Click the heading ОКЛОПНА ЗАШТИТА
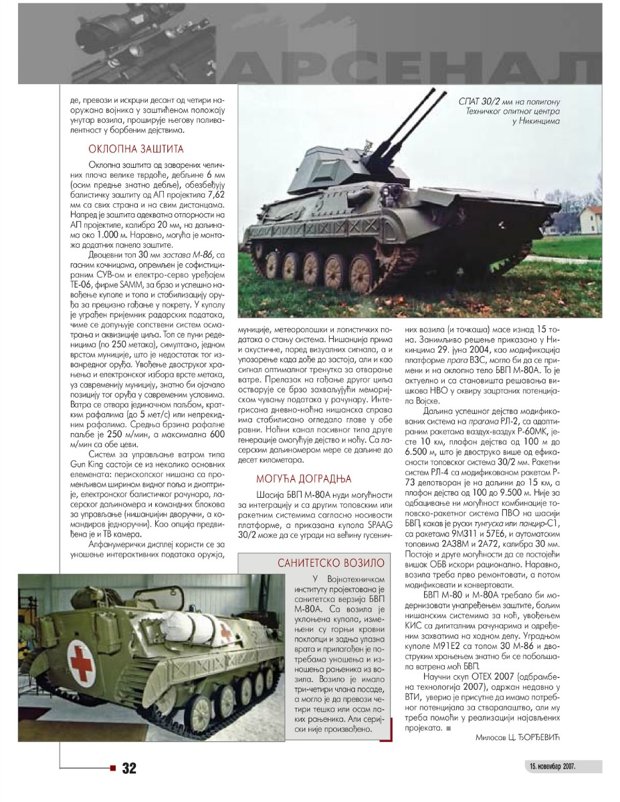136,149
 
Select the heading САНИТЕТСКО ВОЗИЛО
331,563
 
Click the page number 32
129,769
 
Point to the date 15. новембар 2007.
552,765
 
